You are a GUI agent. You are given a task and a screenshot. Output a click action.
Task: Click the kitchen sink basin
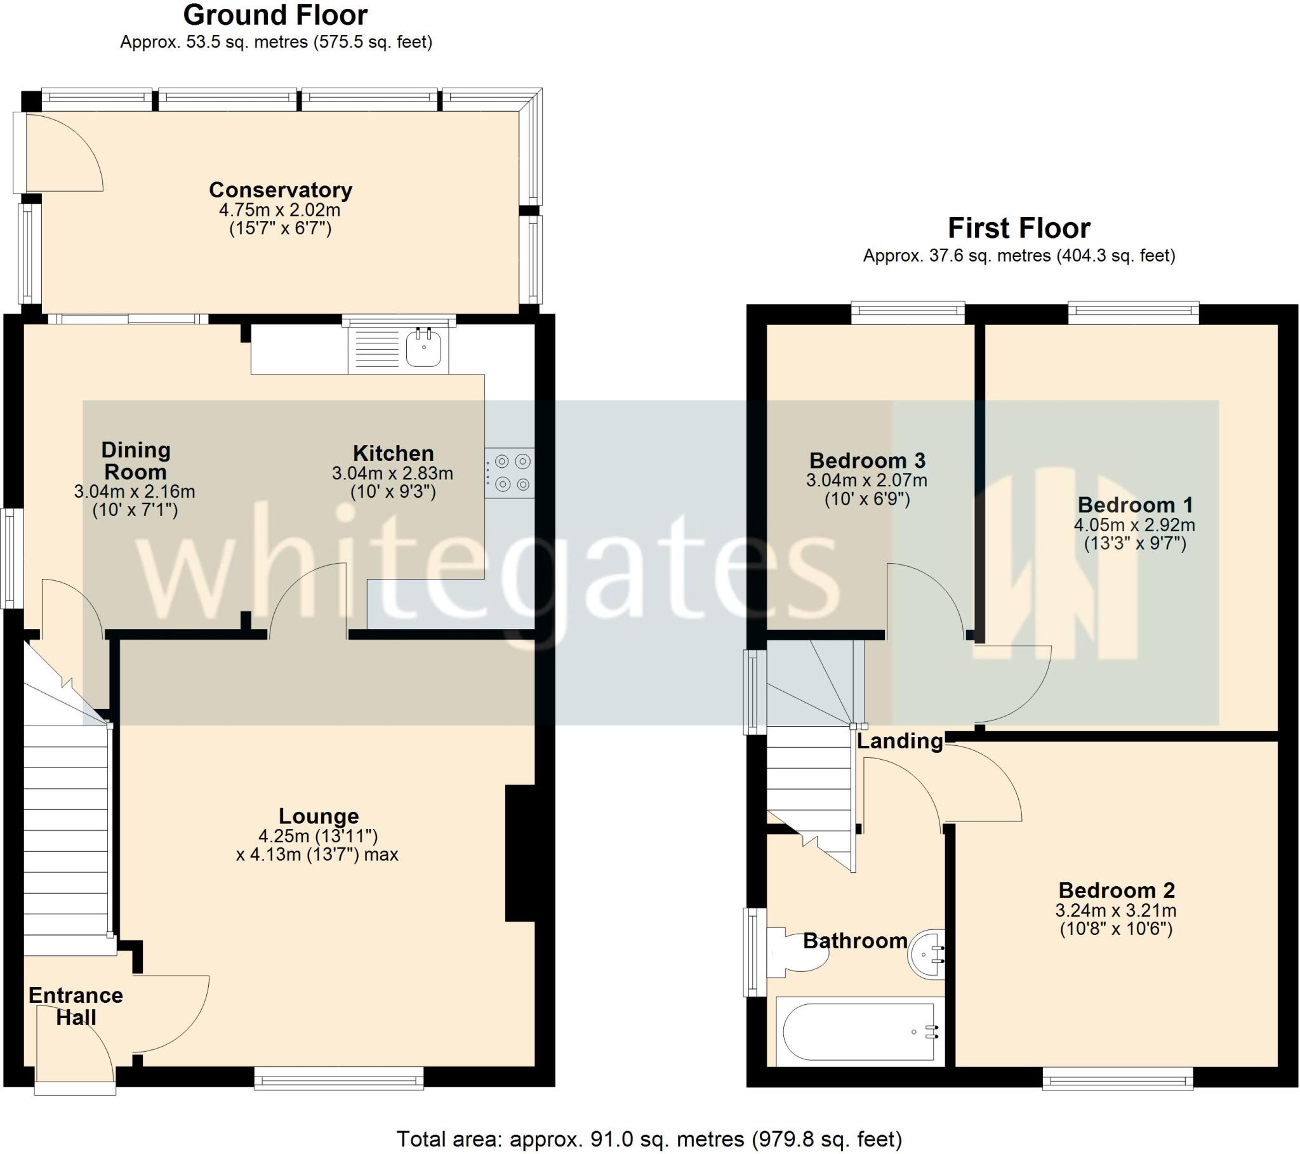[423, 348]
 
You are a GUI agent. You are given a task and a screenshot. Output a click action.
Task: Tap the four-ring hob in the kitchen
[510, 473]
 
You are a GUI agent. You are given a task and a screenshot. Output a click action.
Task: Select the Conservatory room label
[281, 190]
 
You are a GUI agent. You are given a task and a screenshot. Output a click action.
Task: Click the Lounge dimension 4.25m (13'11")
[318, 835]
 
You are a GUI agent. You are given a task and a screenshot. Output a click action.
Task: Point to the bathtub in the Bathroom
[859, 1031]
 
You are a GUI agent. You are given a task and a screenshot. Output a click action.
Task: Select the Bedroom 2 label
[1116, 890]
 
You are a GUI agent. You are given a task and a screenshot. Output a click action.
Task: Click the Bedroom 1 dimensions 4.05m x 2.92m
[1134, 525]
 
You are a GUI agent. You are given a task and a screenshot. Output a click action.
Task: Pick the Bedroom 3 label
[867, 460]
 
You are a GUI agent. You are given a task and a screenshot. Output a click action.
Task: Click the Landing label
[899, 741]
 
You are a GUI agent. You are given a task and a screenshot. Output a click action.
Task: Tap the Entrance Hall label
[76, 1005]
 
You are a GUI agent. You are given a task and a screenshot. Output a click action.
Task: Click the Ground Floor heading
[275, 15]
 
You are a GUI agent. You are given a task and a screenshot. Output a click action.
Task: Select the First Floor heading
[1019, 228]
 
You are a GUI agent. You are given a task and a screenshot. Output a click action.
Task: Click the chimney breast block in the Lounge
[521, 852]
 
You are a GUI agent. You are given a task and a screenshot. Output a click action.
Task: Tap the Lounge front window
[339, 1078]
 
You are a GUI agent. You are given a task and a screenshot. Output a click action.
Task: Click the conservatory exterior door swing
[63, 153]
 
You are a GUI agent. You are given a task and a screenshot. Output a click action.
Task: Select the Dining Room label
[135, 461]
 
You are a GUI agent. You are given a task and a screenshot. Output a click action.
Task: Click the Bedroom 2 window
[1117, 1078]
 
